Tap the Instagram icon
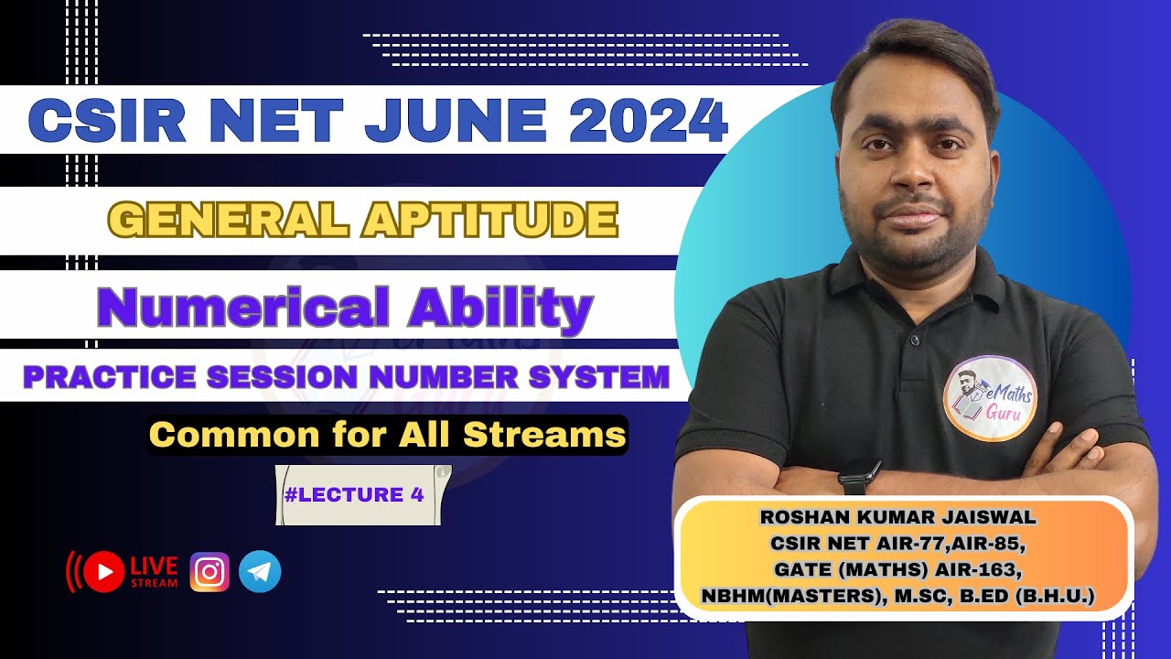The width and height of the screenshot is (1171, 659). point(209,572)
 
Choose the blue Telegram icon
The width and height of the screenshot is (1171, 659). point(260,572)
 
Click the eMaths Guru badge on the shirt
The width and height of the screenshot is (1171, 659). point(990,398)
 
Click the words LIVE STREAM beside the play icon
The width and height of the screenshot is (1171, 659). point(155,571)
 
